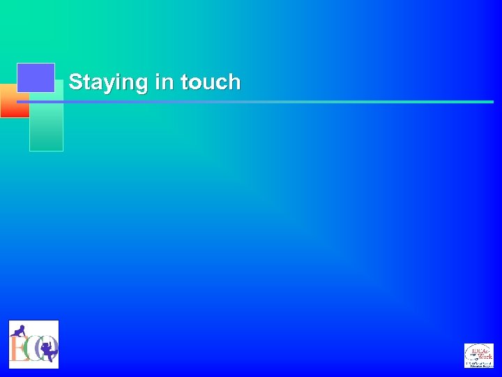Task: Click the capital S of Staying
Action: [75, 82]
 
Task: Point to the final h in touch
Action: [234, 82]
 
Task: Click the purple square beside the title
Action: [36, 77]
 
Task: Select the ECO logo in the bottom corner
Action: [33, 344]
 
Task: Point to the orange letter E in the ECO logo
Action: [17, 348]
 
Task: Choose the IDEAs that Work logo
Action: [478, 355]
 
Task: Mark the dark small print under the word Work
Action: [480, 363]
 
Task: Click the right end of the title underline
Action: [492, 102]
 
